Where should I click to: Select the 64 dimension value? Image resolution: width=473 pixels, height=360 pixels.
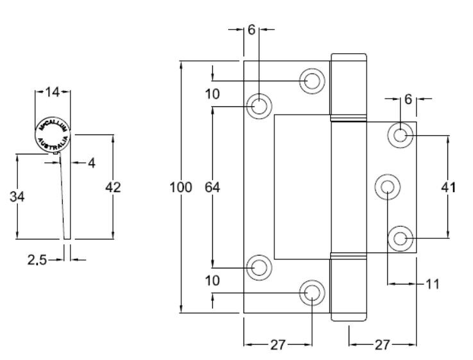pos(213,188)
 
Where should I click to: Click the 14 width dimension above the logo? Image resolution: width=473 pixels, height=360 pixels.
pos(52,93)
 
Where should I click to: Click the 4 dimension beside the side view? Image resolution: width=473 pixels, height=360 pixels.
pos(91,163)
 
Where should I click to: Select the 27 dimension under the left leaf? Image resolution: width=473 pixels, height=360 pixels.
pos(277,345)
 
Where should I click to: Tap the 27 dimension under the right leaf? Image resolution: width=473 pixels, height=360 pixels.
pos(382,345)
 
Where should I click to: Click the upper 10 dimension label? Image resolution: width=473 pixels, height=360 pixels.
pos(213,94)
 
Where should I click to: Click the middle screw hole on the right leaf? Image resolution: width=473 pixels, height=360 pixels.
pos(387,187)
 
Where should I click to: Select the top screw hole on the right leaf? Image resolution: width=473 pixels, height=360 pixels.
pos(401,135)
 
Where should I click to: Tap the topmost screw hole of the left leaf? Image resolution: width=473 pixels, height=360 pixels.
pos(312,80)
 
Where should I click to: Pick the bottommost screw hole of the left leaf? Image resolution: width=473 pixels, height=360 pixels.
pos(312,292)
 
